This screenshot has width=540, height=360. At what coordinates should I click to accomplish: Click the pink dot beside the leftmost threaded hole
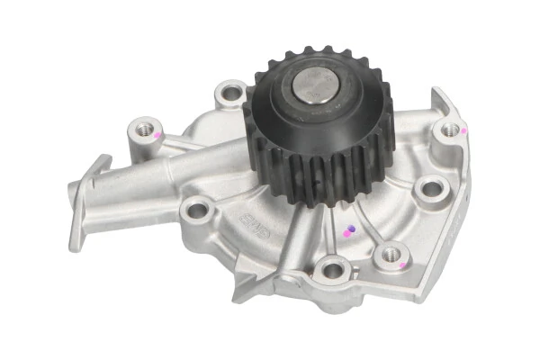pyautogui.click(x=157, y=135)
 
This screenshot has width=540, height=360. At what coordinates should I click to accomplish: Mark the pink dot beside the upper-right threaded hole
pyautogui.click(x=464, y=130)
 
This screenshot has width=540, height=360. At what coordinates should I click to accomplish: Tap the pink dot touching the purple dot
pyautogui.click(x=346, y=235)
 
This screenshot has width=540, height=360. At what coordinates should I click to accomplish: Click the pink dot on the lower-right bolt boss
pyautogui.click(x=401, y=265)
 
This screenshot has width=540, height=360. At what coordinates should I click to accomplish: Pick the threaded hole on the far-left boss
pyautogui.click(x=143, y=130)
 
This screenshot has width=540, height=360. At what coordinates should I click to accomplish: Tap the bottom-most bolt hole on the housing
pyautogui.click(x=334, y=268)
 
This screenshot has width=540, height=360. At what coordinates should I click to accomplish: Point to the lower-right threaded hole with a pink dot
pyautogui.click(x=391, y=255)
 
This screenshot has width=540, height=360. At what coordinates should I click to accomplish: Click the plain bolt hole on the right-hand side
pyautogui.click(x=432, y=188)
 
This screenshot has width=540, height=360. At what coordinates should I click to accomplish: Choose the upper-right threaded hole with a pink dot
pyautogui.click(x=450, y=130)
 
